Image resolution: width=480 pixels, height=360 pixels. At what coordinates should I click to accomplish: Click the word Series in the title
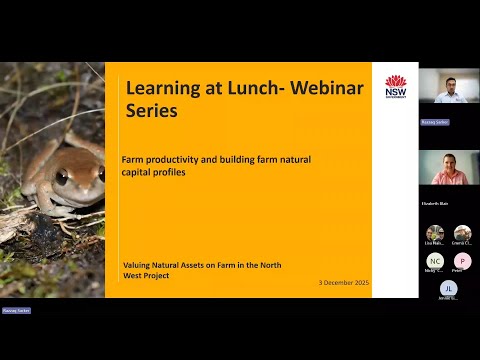152,112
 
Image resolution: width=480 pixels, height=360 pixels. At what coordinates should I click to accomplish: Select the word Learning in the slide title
165,88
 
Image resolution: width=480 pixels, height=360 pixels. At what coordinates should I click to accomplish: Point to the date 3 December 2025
337,283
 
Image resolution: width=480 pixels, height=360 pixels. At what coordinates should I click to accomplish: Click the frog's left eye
62,177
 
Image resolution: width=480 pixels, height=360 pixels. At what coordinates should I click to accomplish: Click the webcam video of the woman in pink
448,170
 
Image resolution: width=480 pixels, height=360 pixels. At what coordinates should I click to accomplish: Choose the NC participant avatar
435,261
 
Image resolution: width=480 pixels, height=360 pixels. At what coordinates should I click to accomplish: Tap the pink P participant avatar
462,261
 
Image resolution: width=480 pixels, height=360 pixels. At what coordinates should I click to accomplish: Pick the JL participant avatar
448,289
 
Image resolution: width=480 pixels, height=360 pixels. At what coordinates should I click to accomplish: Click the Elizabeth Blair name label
435,203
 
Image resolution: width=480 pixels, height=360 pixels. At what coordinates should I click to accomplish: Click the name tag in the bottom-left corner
16,310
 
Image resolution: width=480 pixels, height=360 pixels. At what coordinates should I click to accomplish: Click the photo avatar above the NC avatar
435,233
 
